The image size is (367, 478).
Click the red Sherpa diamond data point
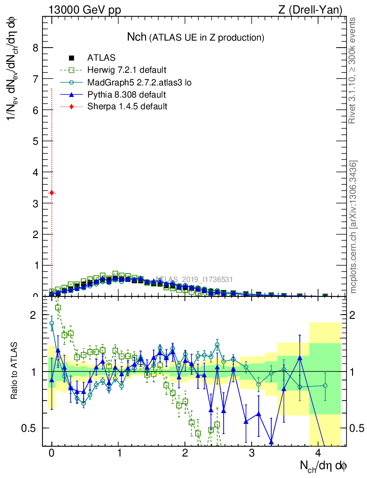(x=52, y=193)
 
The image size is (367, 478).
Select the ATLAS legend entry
(x=98, y=58)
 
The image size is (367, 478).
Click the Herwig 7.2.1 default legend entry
(x=127, y=70)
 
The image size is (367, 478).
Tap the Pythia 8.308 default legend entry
(x=127, y=95)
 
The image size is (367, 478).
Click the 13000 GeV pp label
(x=85, y=10)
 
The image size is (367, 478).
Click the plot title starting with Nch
(x=196, y=37)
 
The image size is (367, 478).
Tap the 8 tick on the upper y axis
(x=34, y=48)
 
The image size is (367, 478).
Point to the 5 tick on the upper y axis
(x=34, y=141)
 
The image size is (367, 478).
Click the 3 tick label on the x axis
(x=252, y=453)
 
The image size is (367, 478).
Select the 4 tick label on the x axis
(x=318, y=453)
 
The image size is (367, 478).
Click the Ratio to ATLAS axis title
(x=14, y=371)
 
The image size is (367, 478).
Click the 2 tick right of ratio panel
(x=354, y=315)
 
